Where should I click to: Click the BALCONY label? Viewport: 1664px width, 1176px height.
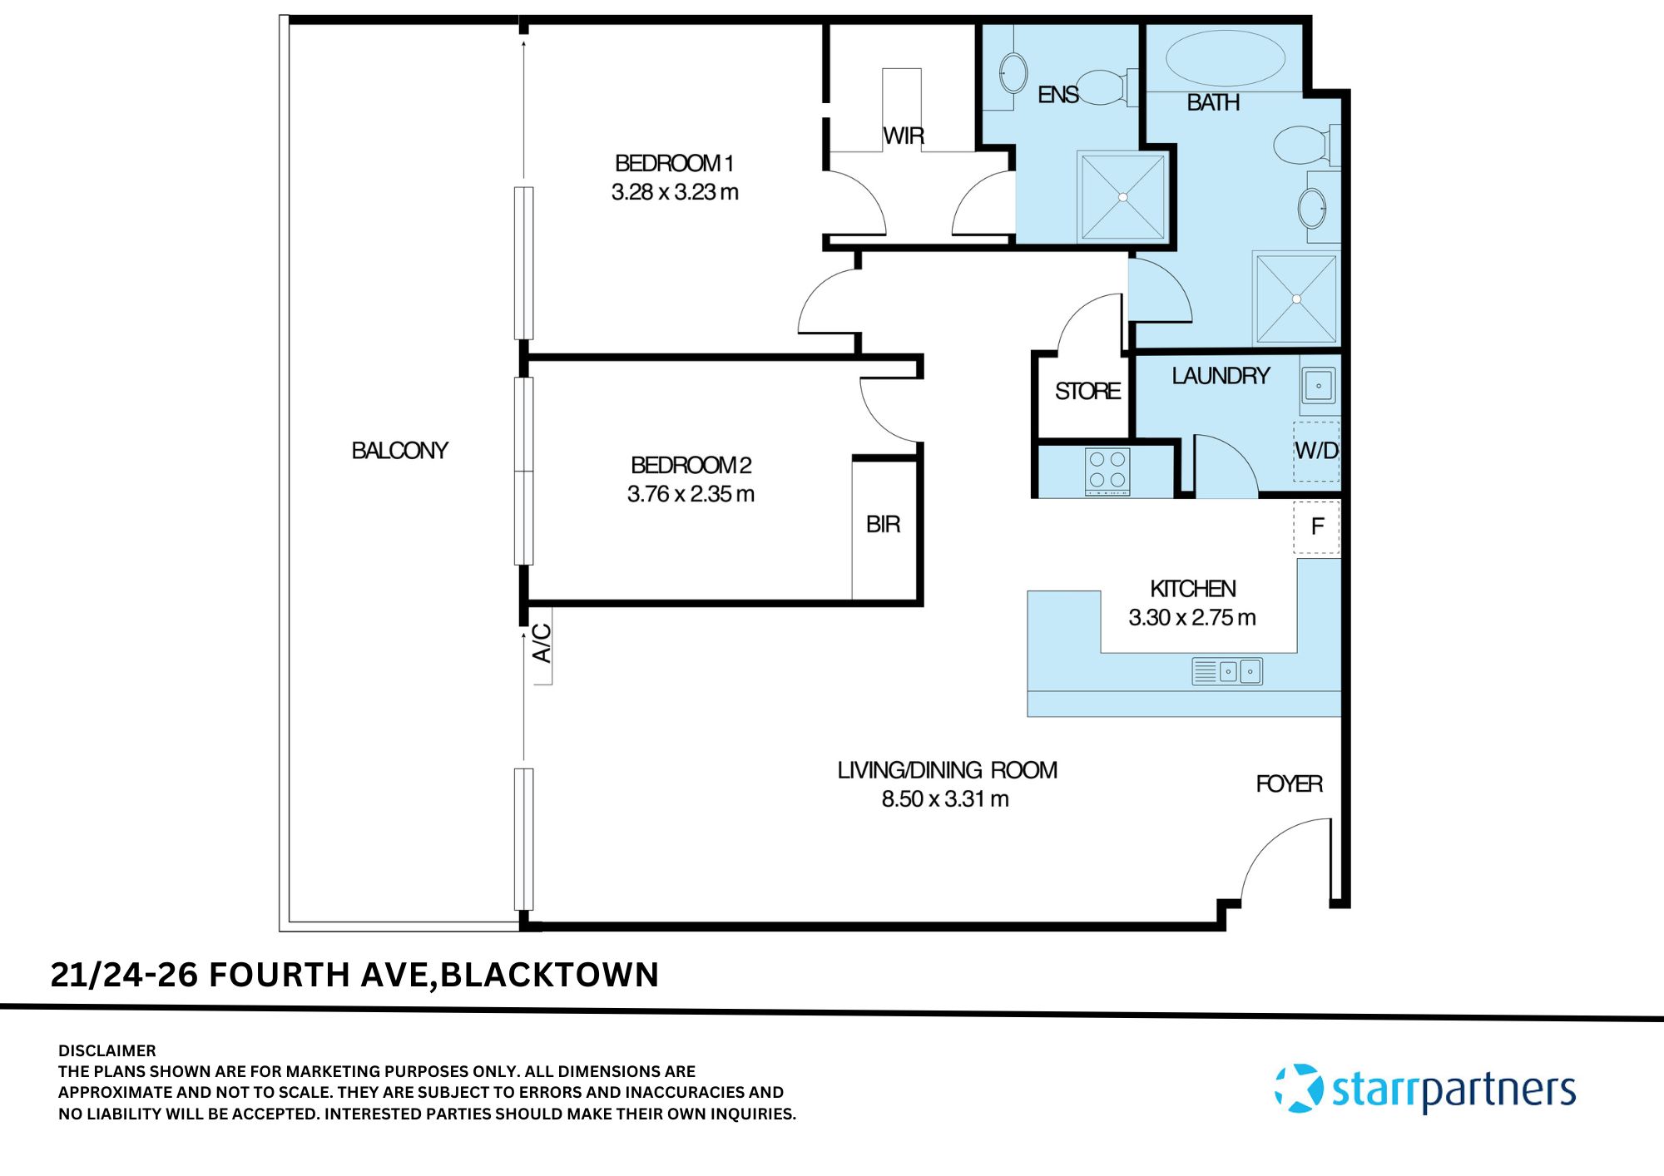click(399, 451)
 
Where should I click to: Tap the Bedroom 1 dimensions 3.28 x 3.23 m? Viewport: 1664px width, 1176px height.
click(675, 192)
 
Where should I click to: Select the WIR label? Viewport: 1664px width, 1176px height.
click(904, 136)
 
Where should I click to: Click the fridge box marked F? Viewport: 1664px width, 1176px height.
click(1316, 527)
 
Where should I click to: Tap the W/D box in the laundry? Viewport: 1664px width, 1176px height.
click(1316, 451)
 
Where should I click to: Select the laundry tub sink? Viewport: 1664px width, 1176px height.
click(1319, 386)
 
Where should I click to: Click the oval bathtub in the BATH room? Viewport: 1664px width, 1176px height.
click(1225, 58)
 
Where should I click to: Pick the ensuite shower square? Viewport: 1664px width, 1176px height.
click(1122, 197)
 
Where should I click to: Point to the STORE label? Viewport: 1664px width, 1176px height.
click(1087, 392)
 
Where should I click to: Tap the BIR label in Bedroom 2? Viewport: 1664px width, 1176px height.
click(883, 525)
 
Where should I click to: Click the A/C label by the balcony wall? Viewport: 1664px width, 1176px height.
click(542, 643)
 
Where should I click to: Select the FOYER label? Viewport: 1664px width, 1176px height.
click(1289, 784)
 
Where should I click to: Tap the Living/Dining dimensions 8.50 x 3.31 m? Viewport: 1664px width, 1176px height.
click(945, 799)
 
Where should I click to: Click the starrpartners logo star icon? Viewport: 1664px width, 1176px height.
click(1299, 1088)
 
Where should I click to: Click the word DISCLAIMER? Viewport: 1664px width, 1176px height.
click(106, 1050)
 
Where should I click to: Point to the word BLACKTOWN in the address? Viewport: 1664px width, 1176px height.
click(549, 975)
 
